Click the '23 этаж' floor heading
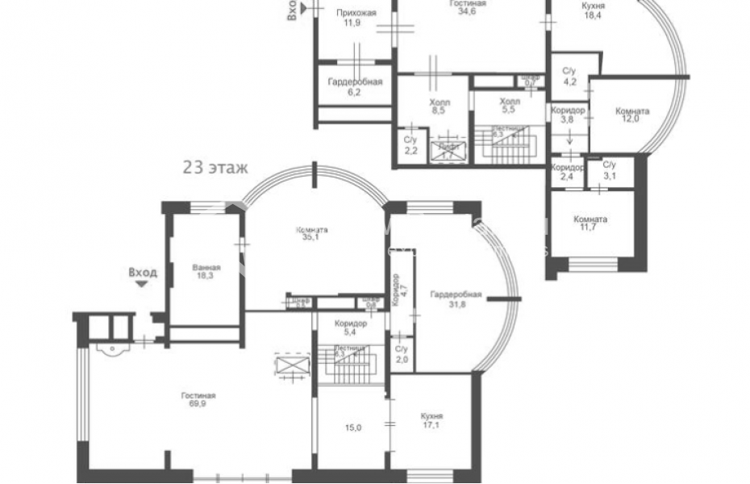214,169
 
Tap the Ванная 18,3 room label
206,271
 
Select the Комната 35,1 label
311,234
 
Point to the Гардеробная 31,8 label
456,299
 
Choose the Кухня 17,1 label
431,421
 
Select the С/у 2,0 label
402,353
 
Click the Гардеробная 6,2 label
355,87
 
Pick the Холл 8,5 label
440,107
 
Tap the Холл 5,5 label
509,106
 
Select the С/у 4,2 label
569,76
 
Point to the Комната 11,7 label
590,224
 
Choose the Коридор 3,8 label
567,115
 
